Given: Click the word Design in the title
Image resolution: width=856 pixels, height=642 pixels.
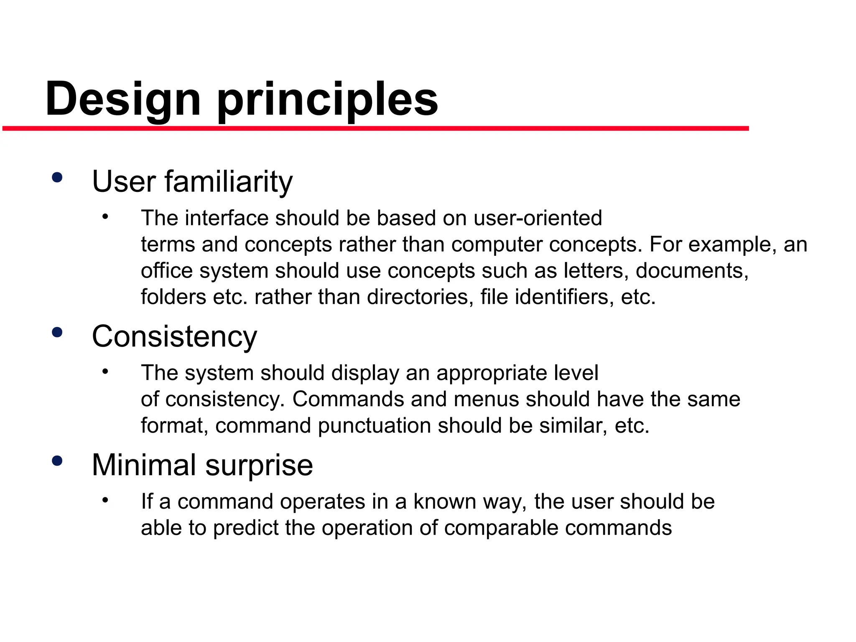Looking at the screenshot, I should [x=123, y=99].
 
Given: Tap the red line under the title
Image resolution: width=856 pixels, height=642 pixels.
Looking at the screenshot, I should [x=376, y=128].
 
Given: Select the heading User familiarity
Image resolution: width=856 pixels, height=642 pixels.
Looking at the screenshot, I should [x=192, y=181].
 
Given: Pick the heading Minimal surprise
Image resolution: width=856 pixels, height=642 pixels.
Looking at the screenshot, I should [x=202, y=465].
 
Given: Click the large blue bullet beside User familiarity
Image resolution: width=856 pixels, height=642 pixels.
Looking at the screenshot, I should [x=57, y=178].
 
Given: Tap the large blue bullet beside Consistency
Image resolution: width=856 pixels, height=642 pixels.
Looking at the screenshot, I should [x=57, y=333].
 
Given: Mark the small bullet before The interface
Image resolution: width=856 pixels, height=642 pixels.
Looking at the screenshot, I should [x=105, y=217].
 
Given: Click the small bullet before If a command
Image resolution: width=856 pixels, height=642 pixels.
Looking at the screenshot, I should [x=105, y=500].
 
